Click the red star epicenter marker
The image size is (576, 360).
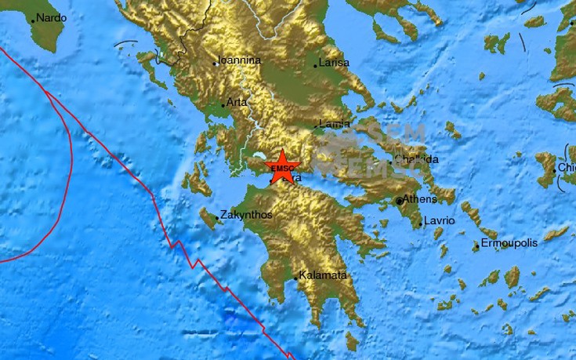click(x=283, y=166)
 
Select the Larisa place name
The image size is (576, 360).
click(x=334, y=64)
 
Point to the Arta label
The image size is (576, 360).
click(x=236, y=103)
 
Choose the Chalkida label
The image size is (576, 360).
click(x=417, y=159)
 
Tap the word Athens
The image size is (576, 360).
click(x=422, y=199)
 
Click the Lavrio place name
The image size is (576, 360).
click(x=440, y=221)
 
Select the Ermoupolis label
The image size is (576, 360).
click(x=509, y=243)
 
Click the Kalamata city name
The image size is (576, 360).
click(x=321, y=276)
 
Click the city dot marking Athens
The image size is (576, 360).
click(x=400, y=202)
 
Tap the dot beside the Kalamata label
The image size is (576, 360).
click(x=295, y=278)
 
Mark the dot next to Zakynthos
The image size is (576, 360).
click(x=217, y=218)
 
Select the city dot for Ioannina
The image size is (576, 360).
click(x=215, y=63)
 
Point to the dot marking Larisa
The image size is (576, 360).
click(x=316, y=66)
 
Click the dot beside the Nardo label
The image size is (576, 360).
click(x=33, y=21)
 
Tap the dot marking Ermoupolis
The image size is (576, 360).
click(x=476, y=247)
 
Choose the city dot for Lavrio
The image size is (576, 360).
click(x=421, y=225)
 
